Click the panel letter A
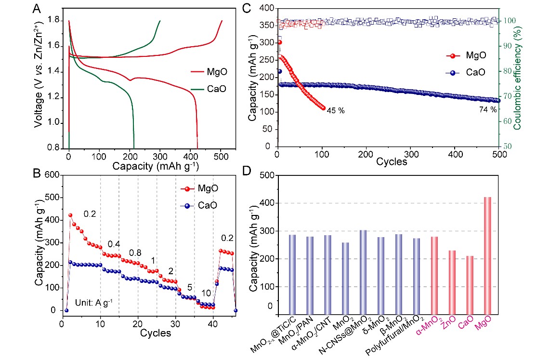coord(38,9)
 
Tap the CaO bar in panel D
coord(470,285)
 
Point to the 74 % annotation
coord(487,110)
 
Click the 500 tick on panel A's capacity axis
coord(221,157)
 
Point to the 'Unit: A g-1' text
coord(93,303)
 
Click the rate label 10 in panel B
coord(206,293)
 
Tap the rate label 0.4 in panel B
coord(114,244)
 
